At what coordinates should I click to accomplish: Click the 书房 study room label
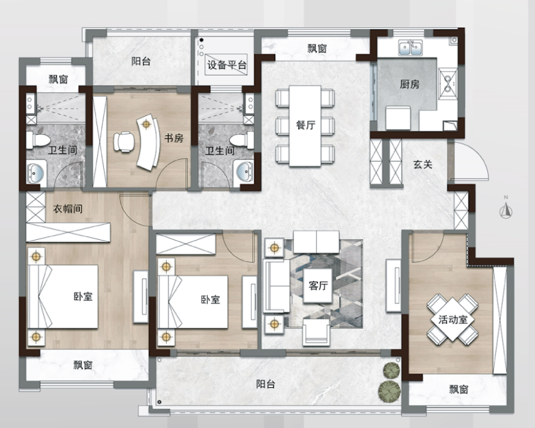174,138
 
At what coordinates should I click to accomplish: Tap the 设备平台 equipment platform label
227,65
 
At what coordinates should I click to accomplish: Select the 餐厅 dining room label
305,125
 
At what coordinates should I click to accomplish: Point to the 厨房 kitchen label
409,84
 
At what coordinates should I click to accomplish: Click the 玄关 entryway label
423,165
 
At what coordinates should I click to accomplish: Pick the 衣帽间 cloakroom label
68,209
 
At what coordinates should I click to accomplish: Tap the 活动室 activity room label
453,320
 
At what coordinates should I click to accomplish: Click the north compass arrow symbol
506,211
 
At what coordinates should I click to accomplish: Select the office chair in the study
124,142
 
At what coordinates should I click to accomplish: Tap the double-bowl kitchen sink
411,48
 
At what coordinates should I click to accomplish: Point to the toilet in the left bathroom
38,140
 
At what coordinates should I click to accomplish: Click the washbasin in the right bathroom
245,172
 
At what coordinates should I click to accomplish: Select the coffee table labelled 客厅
318,286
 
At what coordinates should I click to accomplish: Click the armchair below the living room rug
316,332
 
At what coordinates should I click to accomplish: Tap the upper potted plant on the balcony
391,371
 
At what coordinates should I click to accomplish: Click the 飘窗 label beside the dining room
317,48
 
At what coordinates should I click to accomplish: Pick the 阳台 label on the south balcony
266,385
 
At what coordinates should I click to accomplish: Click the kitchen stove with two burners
448,83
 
